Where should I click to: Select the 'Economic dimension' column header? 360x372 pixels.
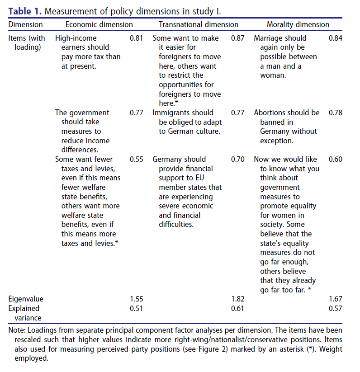(99, 24)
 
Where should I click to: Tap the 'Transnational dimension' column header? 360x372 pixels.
(199, 24)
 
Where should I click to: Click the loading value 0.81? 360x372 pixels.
(136, 38)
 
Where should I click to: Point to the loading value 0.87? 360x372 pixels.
(237, 38)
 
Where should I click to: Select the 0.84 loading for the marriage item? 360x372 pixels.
(336, 38)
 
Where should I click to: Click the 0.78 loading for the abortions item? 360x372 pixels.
(336, 113)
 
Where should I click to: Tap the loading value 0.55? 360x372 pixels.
(136, 159)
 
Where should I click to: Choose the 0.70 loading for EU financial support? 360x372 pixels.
(237, 159)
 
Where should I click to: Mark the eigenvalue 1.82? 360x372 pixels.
(237, 299)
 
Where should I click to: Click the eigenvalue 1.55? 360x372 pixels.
(136, 299)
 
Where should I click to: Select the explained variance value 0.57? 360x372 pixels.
(336, 308)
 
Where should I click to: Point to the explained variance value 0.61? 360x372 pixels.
(237, 308)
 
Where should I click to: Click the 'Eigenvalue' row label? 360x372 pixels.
(26, 299)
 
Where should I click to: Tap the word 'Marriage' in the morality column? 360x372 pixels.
(270, 38)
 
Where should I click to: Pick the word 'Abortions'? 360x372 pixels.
(270, 113)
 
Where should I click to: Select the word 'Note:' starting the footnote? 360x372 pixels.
(17, 331)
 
